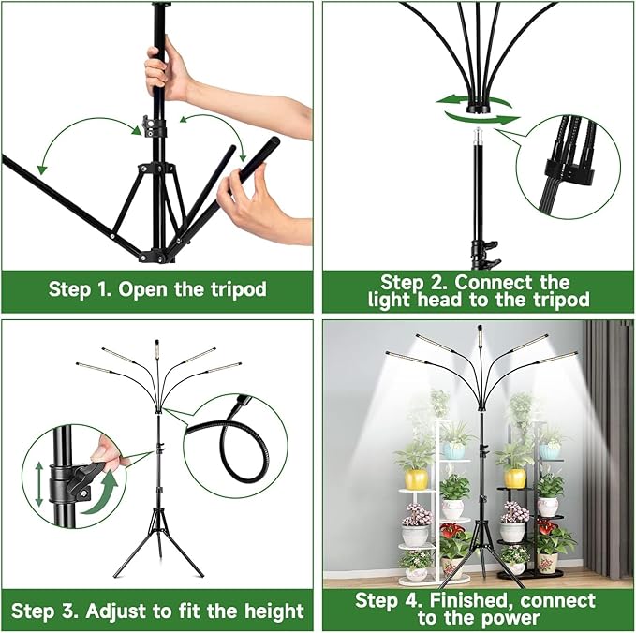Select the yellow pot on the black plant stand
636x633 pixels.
[x=515, y=478]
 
